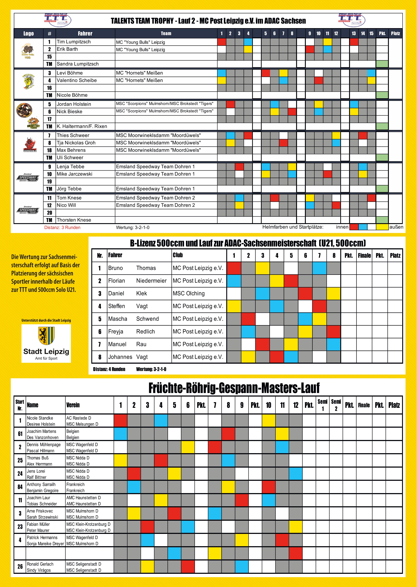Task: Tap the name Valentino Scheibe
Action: click(x=77, y=80)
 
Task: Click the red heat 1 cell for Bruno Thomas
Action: click(x=234, y=268)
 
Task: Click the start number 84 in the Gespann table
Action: click(x=20, y=487)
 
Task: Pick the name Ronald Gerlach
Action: click(x=40, y=564)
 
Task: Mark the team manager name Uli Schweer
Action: click(x=70, y=158)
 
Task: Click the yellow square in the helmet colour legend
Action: click(x=382, y=227)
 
